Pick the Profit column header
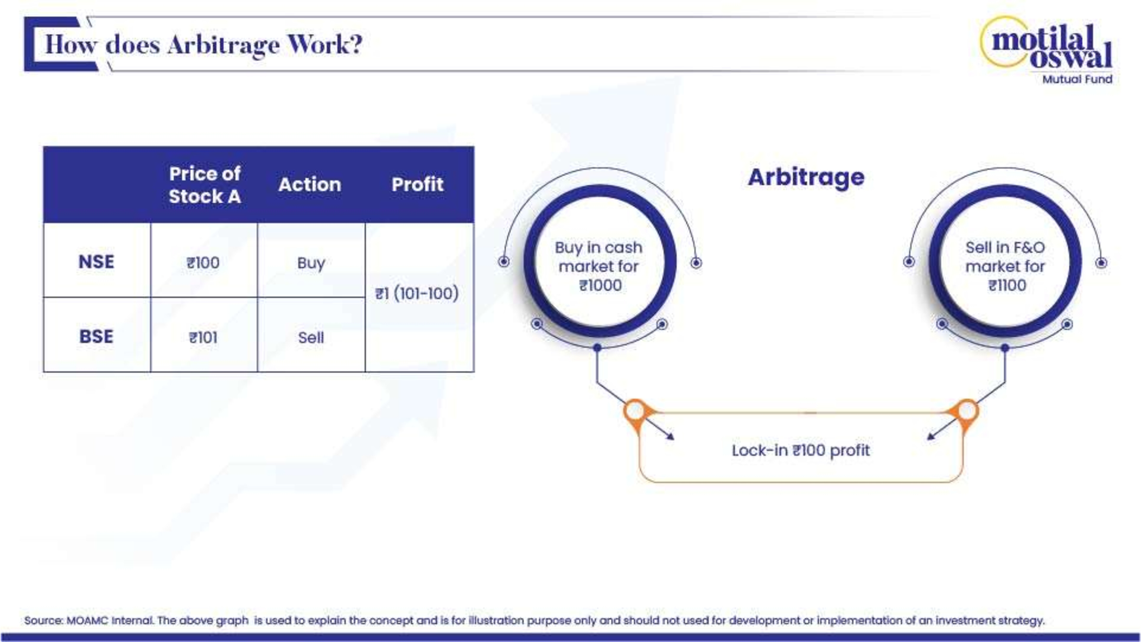[x=417, y=184]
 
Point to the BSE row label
[x=96, y=336]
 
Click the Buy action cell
[x=311, y=263]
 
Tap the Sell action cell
[x=311, y=338]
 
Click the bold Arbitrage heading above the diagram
[x=806, y=178]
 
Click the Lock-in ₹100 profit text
[x=801, y=450]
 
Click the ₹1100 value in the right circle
[x=1007, y=285]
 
